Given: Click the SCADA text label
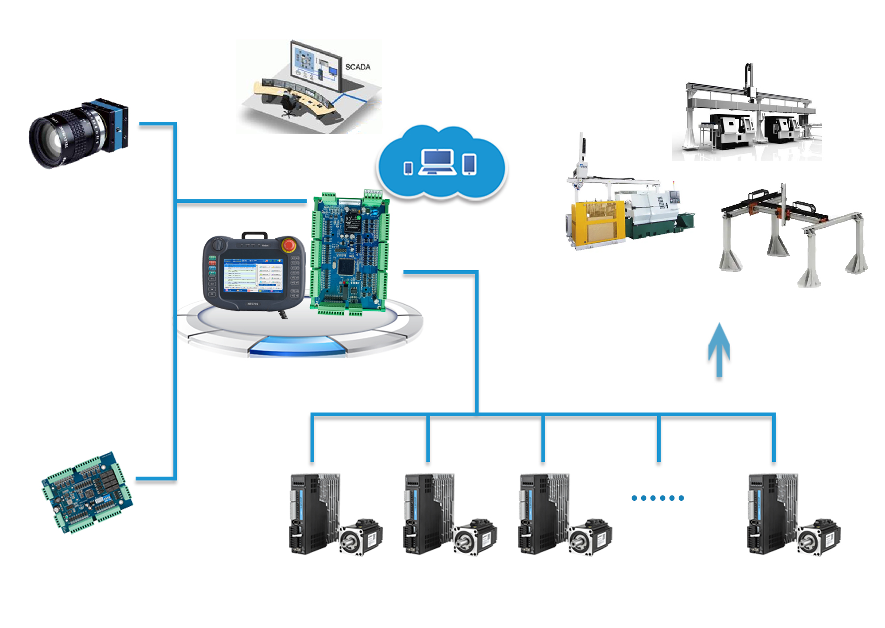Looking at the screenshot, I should pos(358,67).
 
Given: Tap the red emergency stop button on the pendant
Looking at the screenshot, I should pos(289,245).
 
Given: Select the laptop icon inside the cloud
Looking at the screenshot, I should pos(437,162).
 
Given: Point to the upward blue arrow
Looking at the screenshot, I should pos(719,350).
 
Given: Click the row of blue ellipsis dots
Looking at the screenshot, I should pos(658,498).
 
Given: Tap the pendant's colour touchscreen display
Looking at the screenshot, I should pos(253,275).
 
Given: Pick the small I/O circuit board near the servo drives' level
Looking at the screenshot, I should pos(87,492).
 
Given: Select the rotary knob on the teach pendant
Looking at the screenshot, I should pos(218,244).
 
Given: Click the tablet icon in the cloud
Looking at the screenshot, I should pos(469,164).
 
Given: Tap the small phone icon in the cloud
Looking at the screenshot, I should pos(408,168).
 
